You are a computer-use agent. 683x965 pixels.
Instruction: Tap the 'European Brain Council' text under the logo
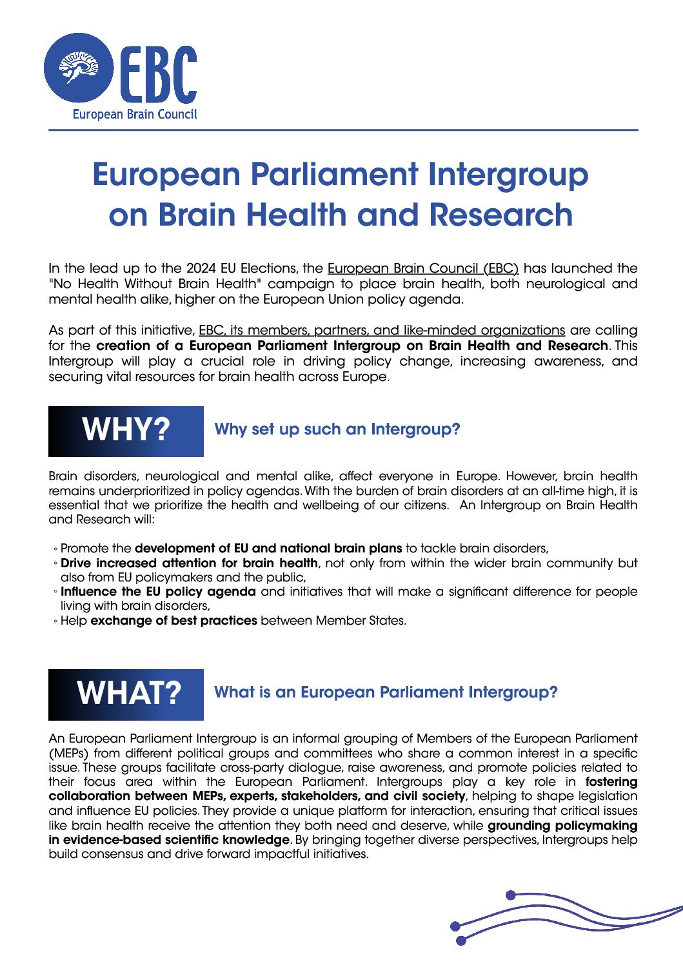[134, 115]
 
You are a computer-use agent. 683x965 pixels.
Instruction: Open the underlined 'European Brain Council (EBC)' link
[423, 268]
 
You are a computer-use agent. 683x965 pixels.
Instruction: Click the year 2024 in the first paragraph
[201, 268]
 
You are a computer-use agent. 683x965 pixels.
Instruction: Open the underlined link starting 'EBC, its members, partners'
[382, 330]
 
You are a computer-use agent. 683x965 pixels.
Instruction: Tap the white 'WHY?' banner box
[126, 431]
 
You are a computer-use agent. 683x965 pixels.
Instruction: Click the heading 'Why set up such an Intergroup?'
[337, 429]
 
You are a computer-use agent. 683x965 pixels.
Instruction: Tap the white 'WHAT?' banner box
[126, 694]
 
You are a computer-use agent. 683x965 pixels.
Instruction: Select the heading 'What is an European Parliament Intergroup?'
[386, 692]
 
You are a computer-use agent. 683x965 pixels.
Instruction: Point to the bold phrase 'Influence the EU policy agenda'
[158, 592]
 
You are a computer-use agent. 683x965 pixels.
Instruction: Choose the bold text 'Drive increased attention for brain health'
[189, 563]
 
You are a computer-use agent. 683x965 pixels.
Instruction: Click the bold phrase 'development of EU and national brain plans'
[268, 549]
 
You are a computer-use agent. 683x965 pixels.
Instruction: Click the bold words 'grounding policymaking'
[562, 826]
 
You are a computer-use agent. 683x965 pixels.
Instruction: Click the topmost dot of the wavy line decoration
[511, 895]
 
